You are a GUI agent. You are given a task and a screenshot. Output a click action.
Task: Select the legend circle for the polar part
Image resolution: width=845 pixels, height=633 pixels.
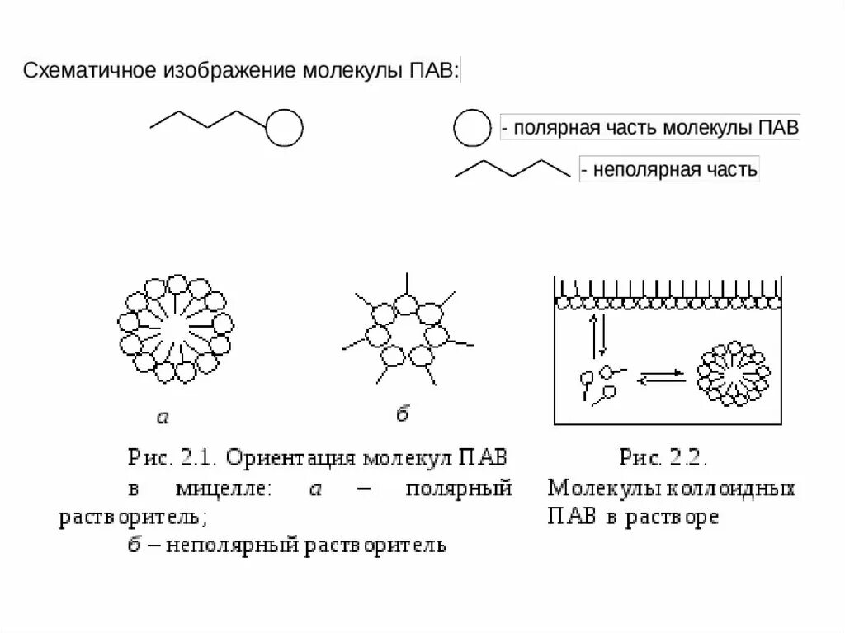coord(471,129)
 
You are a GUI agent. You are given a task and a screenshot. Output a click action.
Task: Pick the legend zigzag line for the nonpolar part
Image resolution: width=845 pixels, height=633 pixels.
coord(512,169)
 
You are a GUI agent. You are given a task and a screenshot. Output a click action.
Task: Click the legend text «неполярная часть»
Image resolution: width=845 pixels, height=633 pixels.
coord(668,171)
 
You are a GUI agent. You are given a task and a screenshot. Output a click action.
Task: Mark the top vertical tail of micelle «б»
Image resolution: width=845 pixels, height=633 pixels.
coord(405,285)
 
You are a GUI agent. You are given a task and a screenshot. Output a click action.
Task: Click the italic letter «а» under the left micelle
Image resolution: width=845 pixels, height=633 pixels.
coord(163,418)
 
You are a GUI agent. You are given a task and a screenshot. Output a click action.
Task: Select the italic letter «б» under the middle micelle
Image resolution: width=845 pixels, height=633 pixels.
coord(402,414)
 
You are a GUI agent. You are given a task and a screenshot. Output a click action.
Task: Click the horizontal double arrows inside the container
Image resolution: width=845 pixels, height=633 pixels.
coord(662,376)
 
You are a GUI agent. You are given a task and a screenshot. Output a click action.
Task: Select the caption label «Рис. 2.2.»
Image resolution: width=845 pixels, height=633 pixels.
coord(664,458)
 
